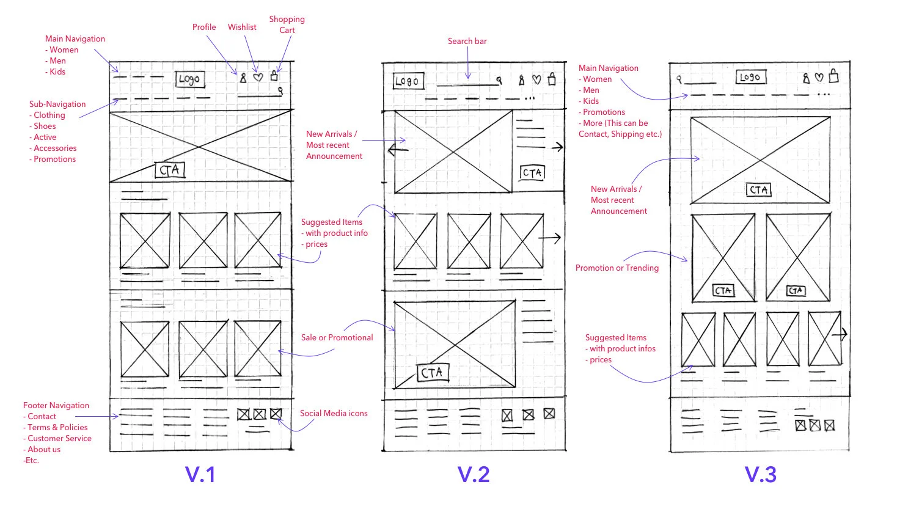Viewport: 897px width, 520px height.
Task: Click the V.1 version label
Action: [x=200, y=475]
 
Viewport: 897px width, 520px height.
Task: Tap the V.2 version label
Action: [x=474, y=475]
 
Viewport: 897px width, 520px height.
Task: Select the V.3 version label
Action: [x=760, y=475]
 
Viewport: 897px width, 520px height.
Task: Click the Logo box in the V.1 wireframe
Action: [x=189, y=79]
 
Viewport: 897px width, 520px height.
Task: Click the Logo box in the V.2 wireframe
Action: [x=408, y=81]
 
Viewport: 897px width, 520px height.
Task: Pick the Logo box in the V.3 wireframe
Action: [x=750, y=77]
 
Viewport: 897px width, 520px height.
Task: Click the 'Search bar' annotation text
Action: [x=467, y=41]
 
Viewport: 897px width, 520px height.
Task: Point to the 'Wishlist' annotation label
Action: [x=242, y=27]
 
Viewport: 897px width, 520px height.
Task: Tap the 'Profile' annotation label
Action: [x=204, y=27]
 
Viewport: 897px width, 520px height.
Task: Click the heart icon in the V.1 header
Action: [x=258, y=78]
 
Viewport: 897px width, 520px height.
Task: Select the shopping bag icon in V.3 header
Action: [x=833, y=76]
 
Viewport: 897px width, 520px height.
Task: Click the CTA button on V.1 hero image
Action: [x=170, y=170]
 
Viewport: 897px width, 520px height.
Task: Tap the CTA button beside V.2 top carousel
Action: [x=532, y=173]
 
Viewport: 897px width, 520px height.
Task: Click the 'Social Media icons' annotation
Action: [x=334, y=413]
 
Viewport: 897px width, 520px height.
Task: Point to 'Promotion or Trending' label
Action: [x=617, y=268]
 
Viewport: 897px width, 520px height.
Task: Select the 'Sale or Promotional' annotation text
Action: [x=337, y=337]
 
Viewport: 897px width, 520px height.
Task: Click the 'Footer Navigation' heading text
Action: [x=56, y=405]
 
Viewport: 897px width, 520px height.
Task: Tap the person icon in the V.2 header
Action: [x=521, y=80]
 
